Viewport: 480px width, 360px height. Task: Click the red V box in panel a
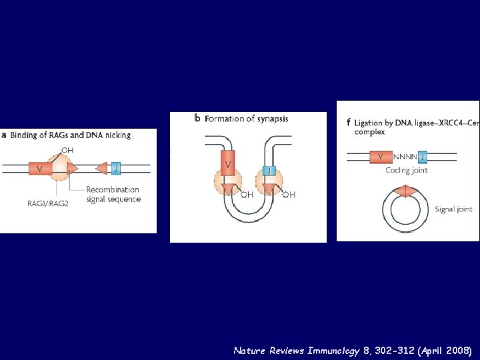click(x=40, y=169)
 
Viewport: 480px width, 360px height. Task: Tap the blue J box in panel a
click(x=116, y=169)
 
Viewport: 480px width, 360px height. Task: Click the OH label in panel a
click(x=67, y=149)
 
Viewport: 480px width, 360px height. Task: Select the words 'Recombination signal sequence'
click(x=113, y=194)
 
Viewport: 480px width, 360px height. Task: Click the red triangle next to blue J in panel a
click(x=102, y=169)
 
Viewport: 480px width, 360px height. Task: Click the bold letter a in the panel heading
click(x=4, y=135)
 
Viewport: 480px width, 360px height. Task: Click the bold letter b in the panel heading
click(x=197, y=119)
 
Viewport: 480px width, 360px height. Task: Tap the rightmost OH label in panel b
click(x=289, y=194)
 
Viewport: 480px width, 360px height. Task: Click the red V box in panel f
click(x=381, y=157)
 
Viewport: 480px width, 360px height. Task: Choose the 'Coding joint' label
click(x=407, y=171)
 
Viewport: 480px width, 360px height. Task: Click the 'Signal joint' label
click(x=453, y=209)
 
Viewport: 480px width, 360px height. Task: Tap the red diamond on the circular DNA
click(x=402, y=191)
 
